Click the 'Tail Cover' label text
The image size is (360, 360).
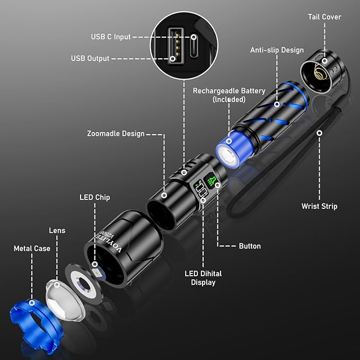pyautogui.click(x=324, y=17)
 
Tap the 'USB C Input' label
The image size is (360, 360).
pyautogui.click(x=111, y=37)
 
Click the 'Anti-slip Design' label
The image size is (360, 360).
pyautogui.click(x=277, y=50)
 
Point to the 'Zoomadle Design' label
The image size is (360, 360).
pyautogui.click(x=116, y=134)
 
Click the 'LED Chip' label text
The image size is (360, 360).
pyautogui.click(x=95, y=197)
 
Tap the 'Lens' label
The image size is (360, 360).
pyautogui.click(x=57, y=231)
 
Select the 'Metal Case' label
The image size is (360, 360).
pyautogui.click(x=32, y=248)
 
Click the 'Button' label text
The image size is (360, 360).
pyautogui.click(x=250, y=246)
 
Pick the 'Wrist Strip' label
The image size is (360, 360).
pyautogui.click(x=319, y=206)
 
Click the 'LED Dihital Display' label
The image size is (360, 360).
pyautogui.click(x=203, y=278)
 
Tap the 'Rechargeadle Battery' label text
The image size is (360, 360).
pyautogui.click(x=229, y=95)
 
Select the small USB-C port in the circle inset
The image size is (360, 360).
pyautogui.click(x=194, y=47)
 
